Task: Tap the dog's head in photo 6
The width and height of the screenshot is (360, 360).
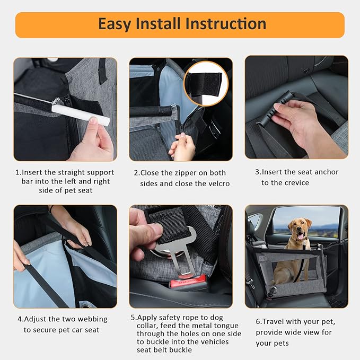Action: [299, 229]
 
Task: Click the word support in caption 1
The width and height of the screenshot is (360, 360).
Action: [99, 172]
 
